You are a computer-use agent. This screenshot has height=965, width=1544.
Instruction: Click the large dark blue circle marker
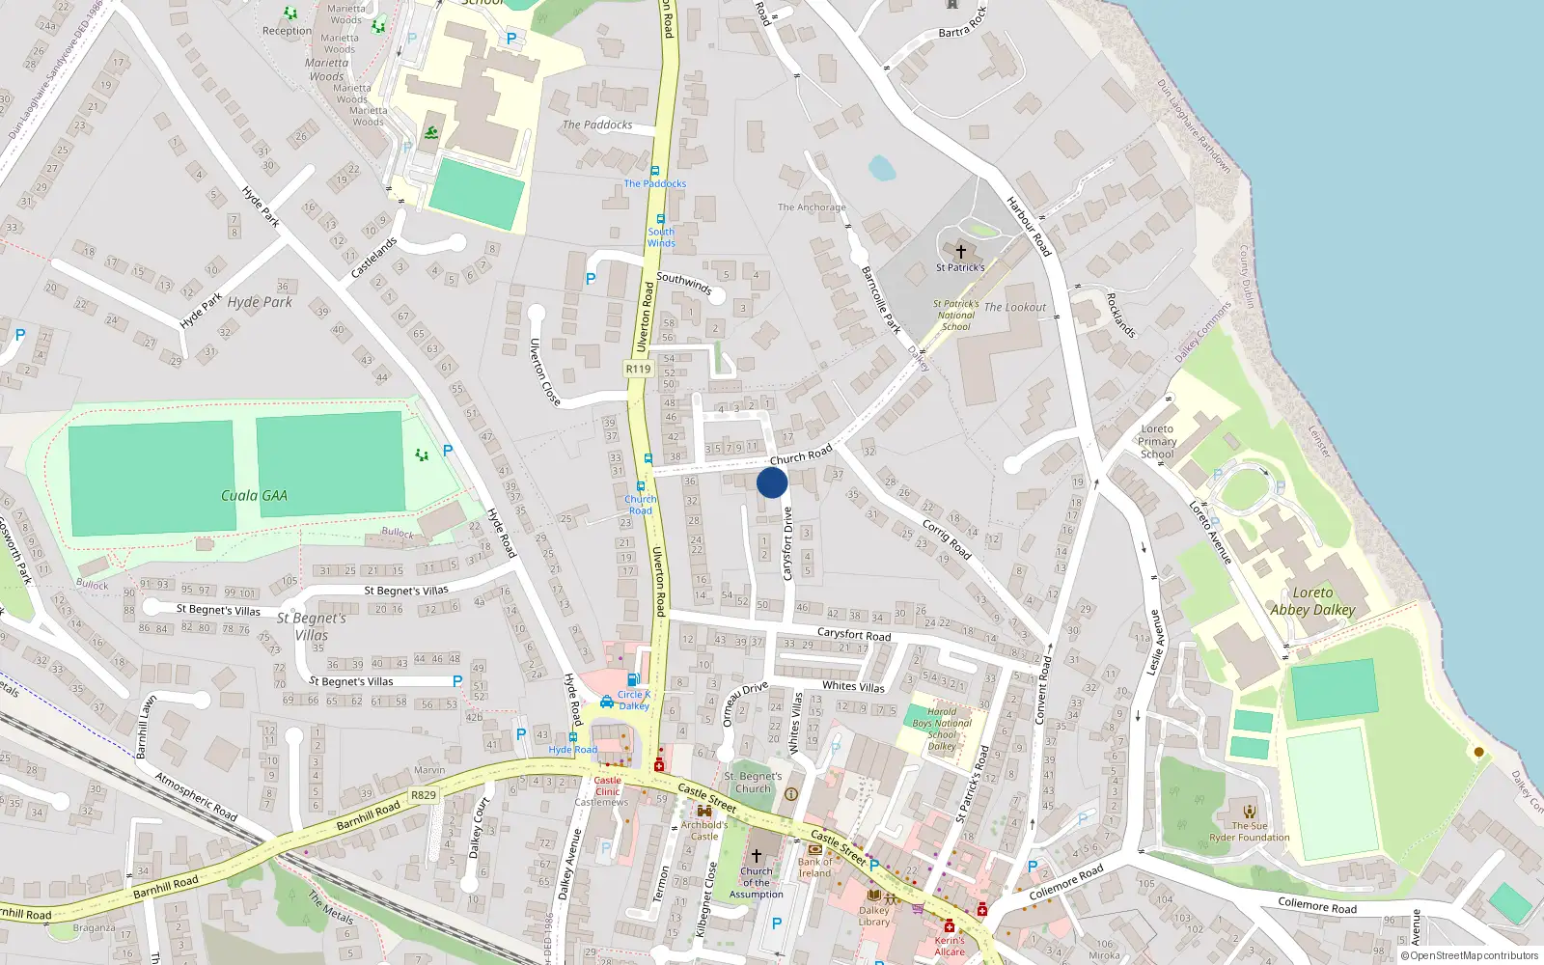tap(772, 482)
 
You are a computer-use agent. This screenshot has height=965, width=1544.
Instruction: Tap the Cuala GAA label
tap(254, 495)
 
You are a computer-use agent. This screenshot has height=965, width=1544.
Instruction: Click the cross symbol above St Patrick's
tap(960, 252)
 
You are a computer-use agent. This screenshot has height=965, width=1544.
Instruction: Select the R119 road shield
tap(638, 369)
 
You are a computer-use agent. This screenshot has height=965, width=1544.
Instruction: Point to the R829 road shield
tap(423, 795)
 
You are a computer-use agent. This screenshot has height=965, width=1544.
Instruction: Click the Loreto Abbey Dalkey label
tap(1312, 601)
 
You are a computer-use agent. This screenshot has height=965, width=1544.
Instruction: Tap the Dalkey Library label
tap(874, 916)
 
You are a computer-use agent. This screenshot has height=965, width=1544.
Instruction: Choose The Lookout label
tap(1014, 307)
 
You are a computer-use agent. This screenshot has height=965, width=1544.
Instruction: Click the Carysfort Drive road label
tap(787, 543)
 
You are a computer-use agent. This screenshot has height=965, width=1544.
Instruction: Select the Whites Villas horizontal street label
tap(853, 686)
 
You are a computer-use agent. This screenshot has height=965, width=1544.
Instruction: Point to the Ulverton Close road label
tap(544, 372)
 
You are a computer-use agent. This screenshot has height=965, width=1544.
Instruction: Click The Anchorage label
tap(812, 207)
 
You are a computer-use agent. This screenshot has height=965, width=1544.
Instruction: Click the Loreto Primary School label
tap(1157, 441)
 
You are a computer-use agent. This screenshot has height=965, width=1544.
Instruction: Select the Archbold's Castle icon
tap(704, 812)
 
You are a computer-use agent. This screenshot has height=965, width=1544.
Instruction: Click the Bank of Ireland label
tap(814, 868)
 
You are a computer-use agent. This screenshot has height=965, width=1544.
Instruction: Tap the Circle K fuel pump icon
tap(633, 680)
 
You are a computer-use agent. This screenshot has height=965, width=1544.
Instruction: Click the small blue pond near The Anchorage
tap(881, 169)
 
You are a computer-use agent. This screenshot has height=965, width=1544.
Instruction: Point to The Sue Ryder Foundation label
tap(1250, 832)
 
